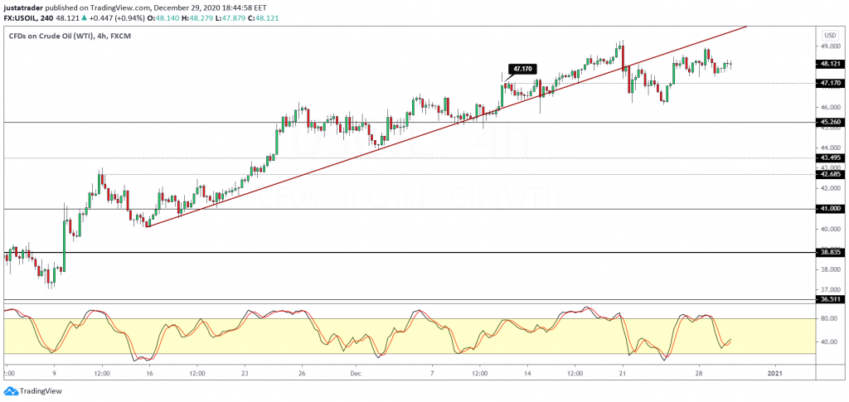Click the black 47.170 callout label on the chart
(x=522, y=70)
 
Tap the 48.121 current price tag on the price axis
(x=829, y=63)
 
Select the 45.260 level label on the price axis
(x=829, y=122)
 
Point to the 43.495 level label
(x=829, y=157)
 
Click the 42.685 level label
(x=829, y=174)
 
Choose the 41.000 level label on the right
(x=829, y=209)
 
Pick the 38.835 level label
(x=829, y=252)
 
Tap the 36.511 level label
(x=829, y=299)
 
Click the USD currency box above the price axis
(x=829, y=36)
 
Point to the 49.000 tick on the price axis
(x=829, y=47)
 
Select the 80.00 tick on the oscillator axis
(x=827, y=317)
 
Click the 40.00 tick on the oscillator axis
(x=827, y=341)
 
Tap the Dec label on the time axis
(x=355, y=374)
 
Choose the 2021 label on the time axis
(x=773, y=374)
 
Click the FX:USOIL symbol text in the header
(x=21, y=17)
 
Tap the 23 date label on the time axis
(x=245, y=374)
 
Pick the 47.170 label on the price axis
(x=829, y=83)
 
